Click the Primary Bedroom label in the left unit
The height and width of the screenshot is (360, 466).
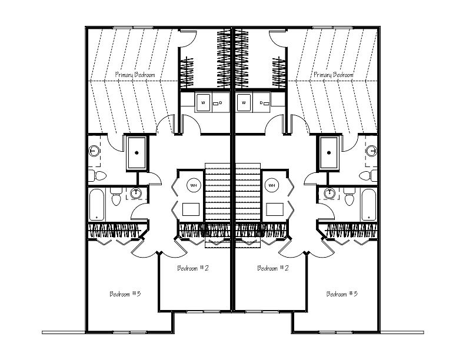(135, 75)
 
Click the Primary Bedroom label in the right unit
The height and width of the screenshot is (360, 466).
(334, 75)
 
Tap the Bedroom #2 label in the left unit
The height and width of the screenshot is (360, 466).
(193, 268)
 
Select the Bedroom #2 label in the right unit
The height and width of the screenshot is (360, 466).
(273, 268)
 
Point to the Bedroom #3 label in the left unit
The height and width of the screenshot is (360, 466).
(125, 294)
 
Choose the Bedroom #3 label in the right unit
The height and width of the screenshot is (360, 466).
(342, 294)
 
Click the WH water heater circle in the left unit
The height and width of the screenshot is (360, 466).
(194, 185)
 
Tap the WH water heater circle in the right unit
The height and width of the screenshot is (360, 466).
(272, 185)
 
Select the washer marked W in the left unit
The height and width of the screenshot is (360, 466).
(203, 103)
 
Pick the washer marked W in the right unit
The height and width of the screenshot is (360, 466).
(244, 103)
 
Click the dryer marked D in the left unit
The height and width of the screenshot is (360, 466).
(221, 103)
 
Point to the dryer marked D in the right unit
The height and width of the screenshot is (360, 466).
(261, 103)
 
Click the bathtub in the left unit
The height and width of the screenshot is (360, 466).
(97, 205)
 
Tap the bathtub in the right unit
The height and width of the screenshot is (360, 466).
(369, 205)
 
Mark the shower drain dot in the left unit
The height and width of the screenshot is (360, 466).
(137, 153)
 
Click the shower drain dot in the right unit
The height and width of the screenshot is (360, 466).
(329, 153)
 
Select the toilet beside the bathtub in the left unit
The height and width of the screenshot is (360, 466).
(116, 196)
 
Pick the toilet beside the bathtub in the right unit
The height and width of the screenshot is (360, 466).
(349, 196)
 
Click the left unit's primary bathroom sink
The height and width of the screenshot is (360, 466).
(94, 151)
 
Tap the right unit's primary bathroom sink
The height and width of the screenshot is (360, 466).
(371, 151)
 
